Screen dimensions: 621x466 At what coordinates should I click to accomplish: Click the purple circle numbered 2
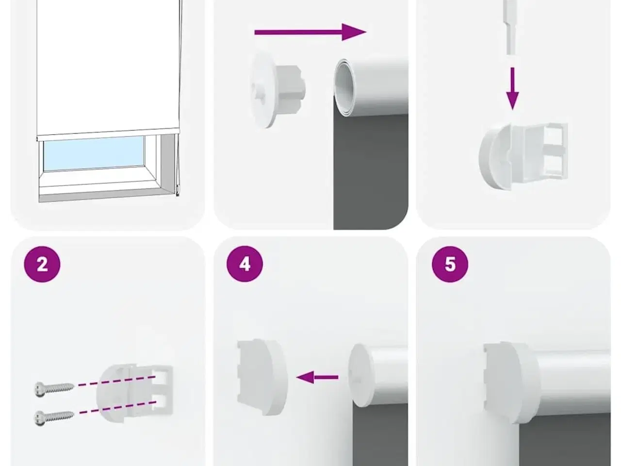tap(42, 264)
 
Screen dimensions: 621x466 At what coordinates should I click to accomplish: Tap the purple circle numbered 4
tap(245, 264)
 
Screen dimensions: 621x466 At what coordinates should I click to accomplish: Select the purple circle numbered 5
tap(450, 264)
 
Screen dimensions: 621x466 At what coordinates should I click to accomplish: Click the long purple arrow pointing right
tap(310, 32)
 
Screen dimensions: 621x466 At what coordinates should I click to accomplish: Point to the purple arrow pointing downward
tap(512, 88)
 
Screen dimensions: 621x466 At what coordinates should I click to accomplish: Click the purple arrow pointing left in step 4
tap(317, 377)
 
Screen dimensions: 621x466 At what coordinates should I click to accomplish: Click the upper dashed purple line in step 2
tap(117, 381)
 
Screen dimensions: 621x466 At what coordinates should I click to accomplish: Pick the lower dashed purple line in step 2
tap(117, 407)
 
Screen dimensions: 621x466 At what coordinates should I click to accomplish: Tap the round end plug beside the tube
tap(278, 90)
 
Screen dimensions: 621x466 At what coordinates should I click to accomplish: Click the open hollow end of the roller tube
tap(343, 87)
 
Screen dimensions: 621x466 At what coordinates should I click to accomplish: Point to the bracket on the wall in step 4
tap(261, 378)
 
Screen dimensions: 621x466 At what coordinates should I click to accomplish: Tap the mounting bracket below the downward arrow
tap(523, 156)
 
